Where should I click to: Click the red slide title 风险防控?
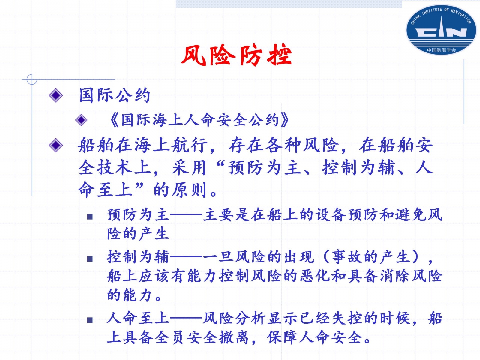(236, 55)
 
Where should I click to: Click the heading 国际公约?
(115, 95)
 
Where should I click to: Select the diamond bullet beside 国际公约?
(56, 95)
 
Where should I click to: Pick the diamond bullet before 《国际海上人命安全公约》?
(81, 120)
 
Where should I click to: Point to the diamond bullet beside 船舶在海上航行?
(56, 145)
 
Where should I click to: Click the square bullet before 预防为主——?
(90, 217)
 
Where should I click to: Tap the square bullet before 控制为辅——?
(90, 259)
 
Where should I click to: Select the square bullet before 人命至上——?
(90, 320)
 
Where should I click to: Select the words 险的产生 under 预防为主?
(138, 233)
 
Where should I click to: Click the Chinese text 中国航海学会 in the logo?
(441, 50)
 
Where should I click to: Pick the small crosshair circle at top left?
(32, 79)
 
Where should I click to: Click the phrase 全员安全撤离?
(202, 337)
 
